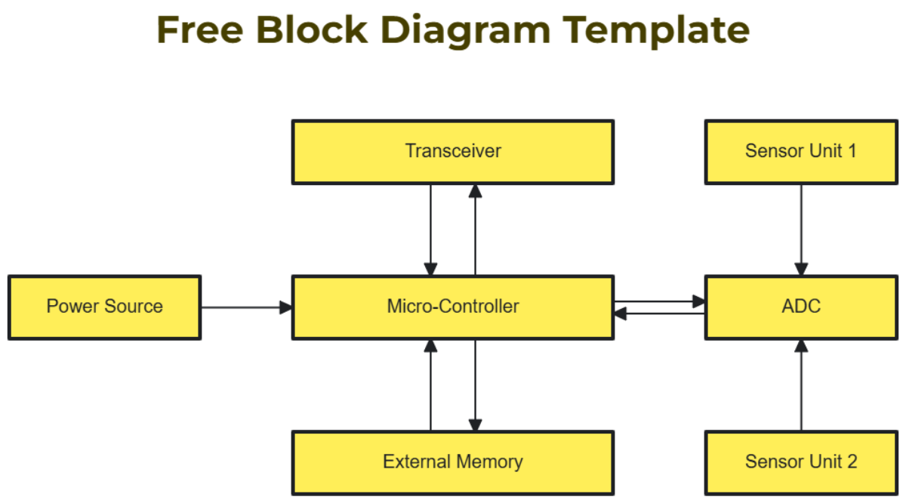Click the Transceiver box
click(452, 152)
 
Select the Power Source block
click(104, 307)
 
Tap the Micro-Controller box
click(452, 307)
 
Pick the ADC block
click(801, 307)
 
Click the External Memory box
click(452, 462)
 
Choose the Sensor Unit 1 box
click(801, 152)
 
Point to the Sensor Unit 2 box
click(801, 462)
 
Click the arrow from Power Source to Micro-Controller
click(246, 307)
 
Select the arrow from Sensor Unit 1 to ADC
click(801, 230)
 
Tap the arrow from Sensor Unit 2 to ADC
click(801, 385)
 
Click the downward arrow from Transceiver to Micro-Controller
click(430, 230)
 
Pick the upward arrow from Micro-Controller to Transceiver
click(475, 230)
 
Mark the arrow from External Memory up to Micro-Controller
click(430, 385)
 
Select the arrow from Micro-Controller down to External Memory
click(475, 385)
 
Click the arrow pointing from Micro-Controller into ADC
click(659, 301)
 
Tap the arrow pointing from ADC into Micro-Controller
click(659, 313)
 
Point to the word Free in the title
click(199, 30)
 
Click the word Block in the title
click(311, 30)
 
